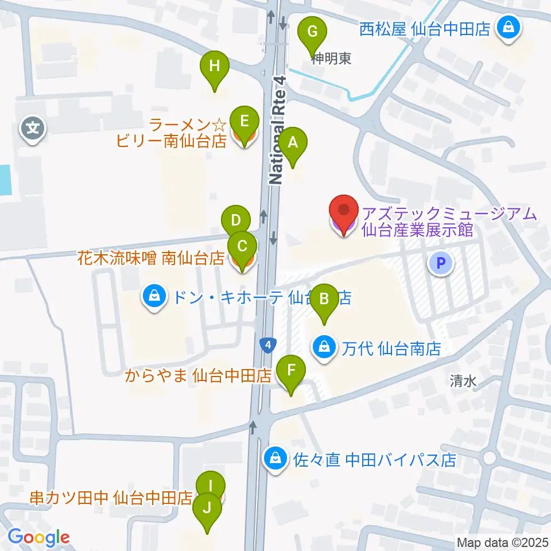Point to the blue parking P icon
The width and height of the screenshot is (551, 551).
click(440, 263)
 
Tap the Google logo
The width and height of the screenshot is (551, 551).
click(38, 537)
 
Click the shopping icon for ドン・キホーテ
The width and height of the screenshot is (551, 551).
click(154, 297)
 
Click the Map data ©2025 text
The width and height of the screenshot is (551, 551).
click(503, 542)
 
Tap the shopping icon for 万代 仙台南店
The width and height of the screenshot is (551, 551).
click(324, 347)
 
